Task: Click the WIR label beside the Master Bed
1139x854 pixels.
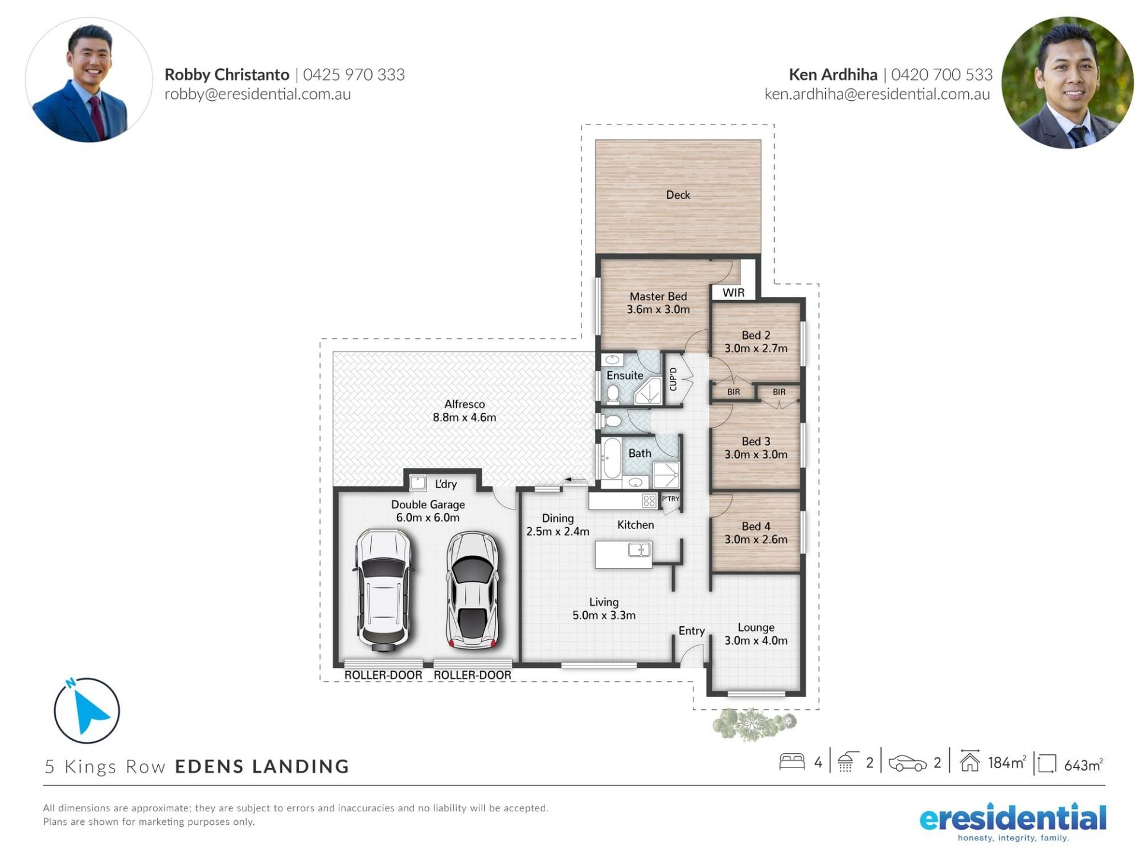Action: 733,292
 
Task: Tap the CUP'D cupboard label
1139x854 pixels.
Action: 673,380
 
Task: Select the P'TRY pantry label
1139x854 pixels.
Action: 670,499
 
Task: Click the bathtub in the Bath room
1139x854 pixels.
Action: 611,458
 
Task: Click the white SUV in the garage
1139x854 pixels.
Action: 383,590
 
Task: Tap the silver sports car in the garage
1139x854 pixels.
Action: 473,590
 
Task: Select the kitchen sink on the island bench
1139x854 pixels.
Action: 640,550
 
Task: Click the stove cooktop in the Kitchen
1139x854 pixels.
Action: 649,501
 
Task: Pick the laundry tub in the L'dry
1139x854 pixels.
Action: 418,483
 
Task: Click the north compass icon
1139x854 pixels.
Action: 87,710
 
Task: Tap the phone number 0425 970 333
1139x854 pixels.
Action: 354,75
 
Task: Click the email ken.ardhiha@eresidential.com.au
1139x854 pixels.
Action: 877,94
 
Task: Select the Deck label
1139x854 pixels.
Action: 678,195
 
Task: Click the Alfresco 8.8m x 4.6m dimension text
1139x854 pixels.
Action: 464,418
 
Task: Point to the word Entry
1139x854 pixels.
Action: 692,631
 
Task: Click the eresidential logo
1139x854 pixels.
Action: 1013,823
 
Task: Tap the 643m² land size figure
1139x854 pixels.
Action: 1083,765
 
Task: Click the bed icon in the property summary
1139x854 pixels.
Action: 792,761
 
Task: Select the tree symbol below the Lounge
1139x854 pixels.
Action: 753,724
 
